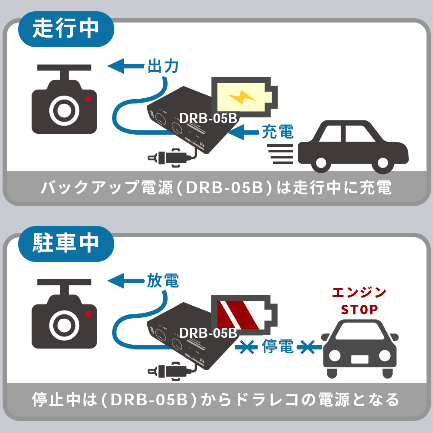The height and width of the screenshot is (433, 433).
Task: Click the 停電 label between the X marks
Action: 278,346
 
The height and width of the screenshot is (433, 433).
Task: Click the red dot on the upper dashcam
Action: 88,99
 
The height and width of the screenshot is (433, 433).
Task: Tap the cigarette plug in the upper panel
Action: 169,156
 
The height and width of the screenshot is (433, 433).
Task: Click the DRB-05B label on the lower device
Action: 208,333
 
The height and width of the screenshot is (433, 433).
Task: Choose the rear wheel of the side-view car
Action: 321,163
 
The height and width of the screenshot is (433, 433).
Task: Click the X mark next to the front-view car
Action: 309,346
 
